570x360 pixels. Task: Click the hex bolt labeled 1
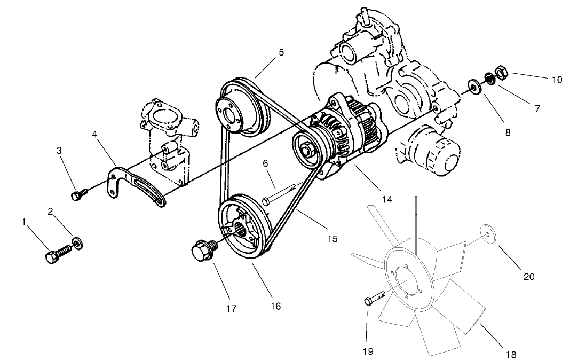pos(58,254)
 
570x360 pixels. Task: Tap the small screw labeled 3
pos(78,194)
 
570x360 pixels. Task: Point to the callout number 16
pos(275,306)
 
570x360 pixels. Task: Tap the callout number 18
pos(510,354)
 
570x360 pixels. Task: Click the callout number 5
pos(281,52)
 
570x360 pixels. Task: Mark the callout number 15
pos(332,239)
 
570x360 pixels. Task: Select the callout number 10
pos(557,80)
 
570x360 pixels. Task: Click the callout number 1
pos(23,221)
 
